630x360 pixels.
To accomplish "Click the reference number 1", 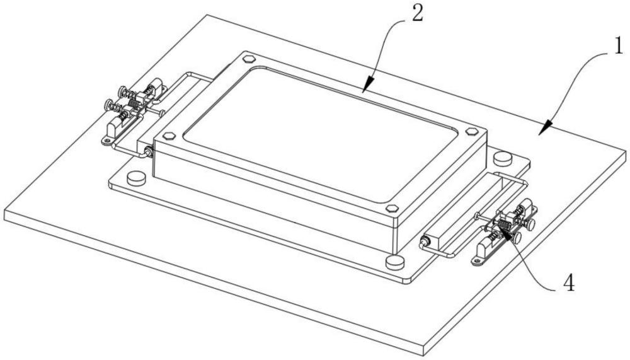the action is (619, 47).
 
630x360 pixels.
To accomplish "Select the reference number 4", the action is (569, 283).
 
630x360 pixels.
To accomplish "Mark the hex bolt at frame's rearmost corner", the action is (249, 59).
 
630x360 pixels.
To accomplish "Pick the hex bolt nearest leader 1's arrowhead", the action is (472, 132).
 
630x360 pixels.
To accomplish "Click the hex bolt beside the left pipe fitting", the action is (169, 136).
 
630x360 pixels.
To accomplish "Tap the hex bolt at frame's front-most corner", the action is (392, 209).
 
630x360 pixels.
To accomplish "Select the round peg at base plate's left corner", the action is (136, 178).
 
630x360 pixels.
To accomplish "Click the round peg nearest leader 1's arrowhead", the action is (502, 158).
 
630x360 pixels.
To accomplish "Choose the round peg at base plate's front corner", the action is (395, 262).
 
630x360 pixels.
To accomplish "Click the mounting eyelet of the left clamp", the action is (106, 141).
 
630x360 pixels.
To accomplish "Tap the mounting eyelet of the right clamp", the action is (477, 262).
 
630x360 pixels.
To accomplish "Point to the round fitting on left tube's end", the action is (148, 152).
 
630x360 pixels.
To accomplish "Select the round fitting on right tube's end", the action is (424, 242).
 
